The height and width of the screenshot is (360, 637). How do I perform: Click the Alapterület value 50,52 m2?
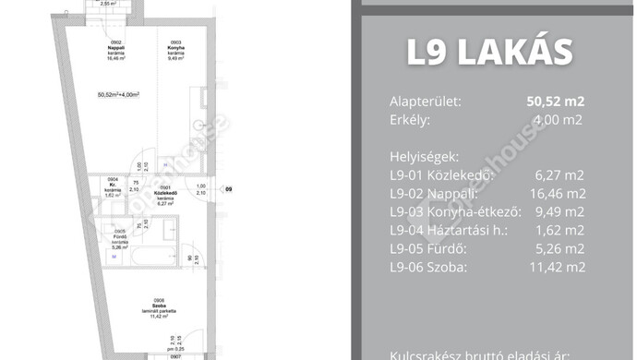[x=552, y=102]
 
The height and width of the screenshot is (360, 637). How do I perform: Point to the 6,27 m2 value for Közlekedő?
[x=559, y=176]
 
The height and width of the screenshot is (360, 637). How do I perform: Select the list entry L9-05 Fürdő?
[x=431, y=248]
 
